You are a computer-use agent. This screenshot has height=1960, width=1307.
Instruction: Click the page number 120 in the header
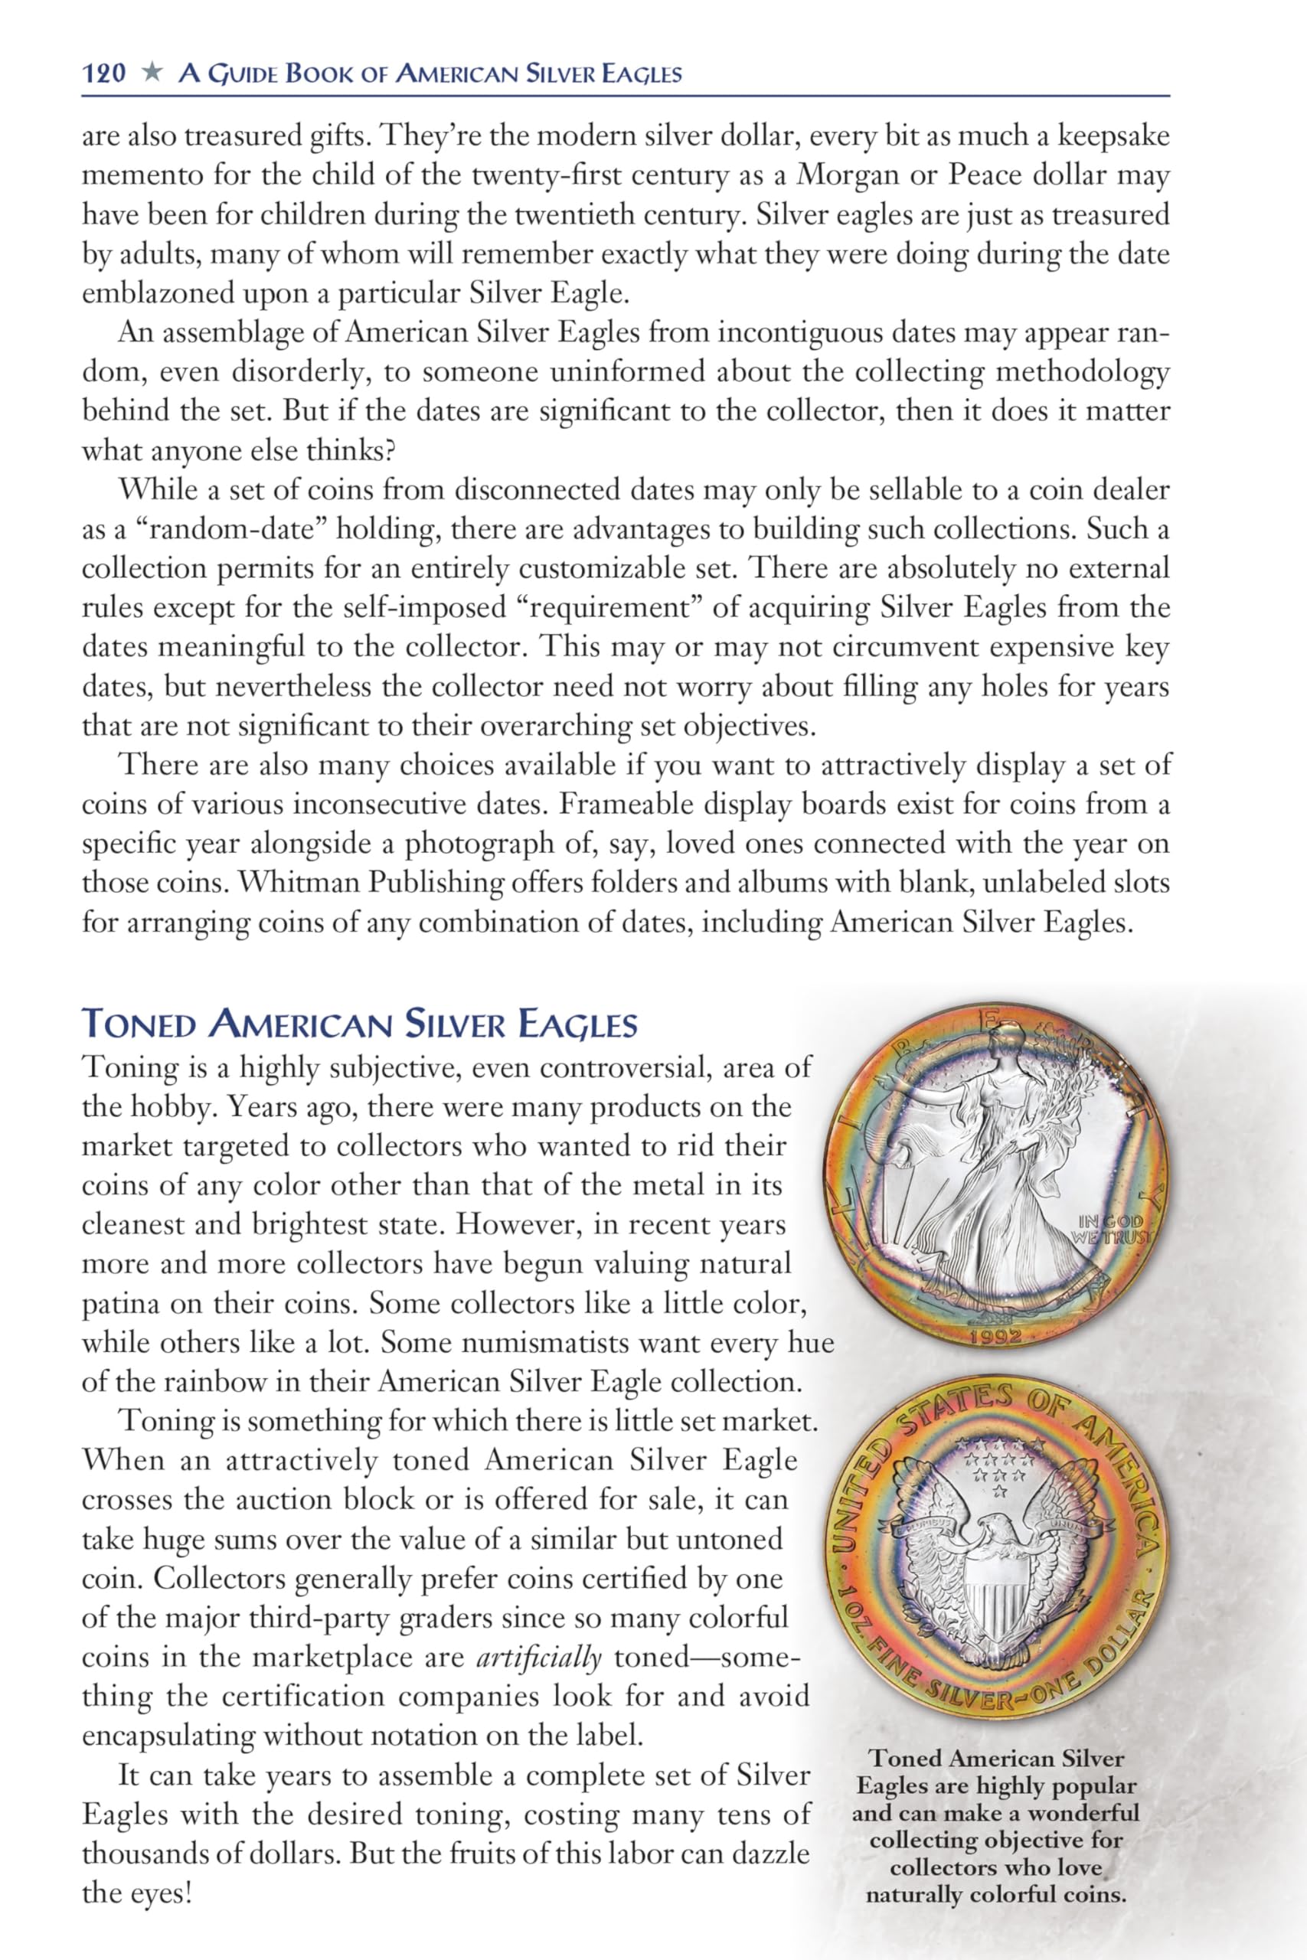click(x=104, y=74)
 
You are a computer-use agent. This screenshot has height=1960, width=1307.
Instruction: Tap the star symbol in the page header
click(x=152, y=73)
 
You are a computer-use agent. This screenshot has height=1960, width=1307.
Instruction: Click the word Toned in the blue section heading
click(x=139, y=1024)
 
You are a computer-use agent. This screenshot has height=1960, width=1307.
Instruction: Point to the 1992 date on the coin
click(x=996, y=1337)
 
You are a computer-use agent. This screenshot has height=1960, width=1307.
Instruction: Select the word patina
click(x=121, y=1304)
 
